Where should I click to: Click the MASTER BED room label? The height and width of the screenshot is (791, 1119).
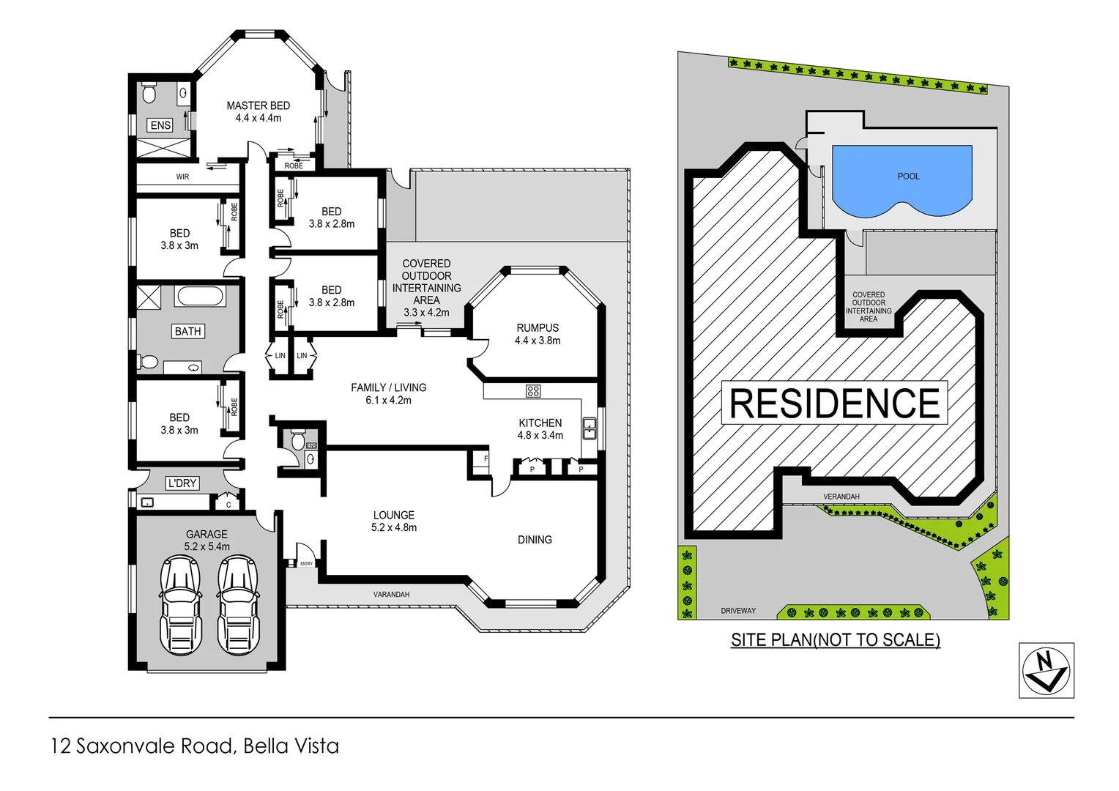click(258, 105)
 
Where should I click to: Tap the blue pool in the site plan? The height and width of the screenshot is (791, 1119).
click(901, 179)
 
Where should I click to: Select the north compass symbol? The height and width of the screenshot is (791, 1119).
click(1046, 670)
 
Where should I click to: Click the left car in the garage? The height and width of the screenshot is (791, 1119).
click(179, 605)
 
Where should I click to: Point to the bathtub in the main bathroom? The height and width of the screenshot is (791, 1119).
click(199, 297)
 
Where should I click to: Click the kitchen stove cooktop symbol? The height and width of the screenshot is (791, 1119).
click(533, 391)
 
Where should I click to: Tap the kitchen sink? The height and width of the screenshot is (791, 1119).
click(589, 428)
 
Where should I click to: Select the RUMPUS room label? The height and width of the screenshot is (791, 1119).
click(538, 328)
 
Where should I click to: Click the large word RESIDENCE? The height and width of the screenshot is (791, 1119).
click(835, 404)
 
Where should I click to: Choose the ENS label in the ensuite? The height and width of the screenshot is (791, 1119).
click(160, 125)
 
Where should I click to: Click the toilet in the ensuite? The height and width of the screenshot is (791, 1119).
click(149, 93)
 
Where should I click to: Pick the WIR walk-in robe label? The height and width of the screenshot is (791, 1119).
click(182, 177)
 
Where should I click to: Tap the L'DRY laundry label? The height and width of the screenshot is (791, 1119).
click(182, 483)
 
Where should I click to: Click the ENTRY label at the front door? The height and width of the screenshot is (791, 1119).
click(306, 563)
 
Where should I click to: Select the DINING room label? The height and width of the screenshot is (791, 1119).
click(535, 540)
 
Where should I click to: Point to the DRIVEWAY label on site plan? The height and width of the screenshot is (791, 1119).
click(737, 610)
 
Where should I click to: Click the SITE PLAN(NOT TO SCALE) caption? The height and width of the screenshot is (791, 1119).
click(835, 639)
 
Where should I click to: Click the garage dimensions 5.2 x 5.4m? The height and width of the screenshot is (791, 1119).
click(207, 546)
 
